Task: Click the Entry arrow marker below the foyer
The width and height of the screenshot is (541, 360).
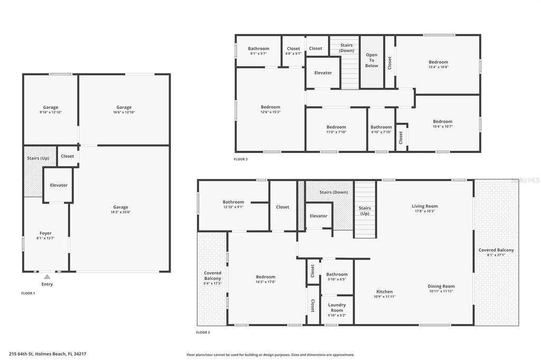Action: [47, 277]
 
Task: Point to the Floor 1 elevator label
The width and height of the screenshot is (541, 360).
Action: [59, 185]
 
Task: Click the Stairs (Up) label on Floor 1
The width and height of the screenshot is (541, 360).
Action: [38, 158]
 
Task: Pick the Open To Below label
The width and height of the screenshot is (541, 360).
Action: [372, 60]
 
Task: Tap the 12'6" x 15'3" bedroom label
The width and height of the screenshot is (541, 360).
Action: [270, 109]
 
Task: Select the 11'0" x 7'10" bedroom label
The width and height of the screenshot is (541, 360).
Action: [336, 129]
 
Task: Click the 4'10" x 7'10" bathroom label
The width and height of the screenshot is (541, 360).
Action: [381, 129]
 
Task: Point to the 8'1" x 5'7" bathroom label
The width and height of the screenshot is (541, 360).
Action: [259, 51]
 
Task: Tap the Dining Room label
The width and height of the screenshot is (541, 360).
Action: [441, 288]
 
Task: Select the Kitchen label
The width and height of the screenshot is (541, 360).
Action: [385, 294]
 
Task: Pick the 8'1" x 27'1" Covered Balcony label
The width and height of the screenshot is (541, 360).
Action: [496, 252]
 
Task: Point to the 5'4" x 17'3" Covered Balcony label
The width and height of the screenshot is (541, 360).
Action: [212, 278]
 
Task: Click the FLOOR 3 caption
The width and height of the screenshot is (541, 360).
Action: [240, 159]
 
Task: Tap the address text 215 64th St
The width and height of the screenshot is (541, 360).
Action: [48, 354]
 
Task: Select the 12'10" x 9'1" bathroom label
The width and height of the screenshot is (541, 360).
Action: [233, 204]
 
